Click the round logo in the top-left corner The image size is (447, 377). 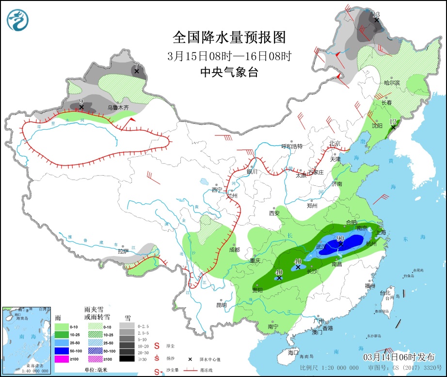(18, 19)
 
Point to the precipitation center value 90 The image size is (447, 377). (340, 239)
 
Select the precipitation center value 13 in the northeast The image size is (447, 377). (376, 14)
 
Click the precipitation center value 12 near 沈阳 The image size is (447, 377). (393, 121)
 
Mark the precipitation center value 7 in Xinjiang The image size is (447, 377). (137, 65)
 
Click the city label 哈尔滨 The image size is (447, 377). (392, 83)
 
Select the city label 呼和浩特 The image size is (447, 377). (292, 146)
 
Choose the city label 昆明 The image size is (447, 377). (221, 305)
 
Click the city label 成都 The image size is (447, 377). (234, 250)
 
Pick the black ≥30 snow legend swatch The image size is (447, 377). (127, 359)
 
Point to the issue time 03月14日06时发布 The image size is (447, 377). (399, 357)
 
